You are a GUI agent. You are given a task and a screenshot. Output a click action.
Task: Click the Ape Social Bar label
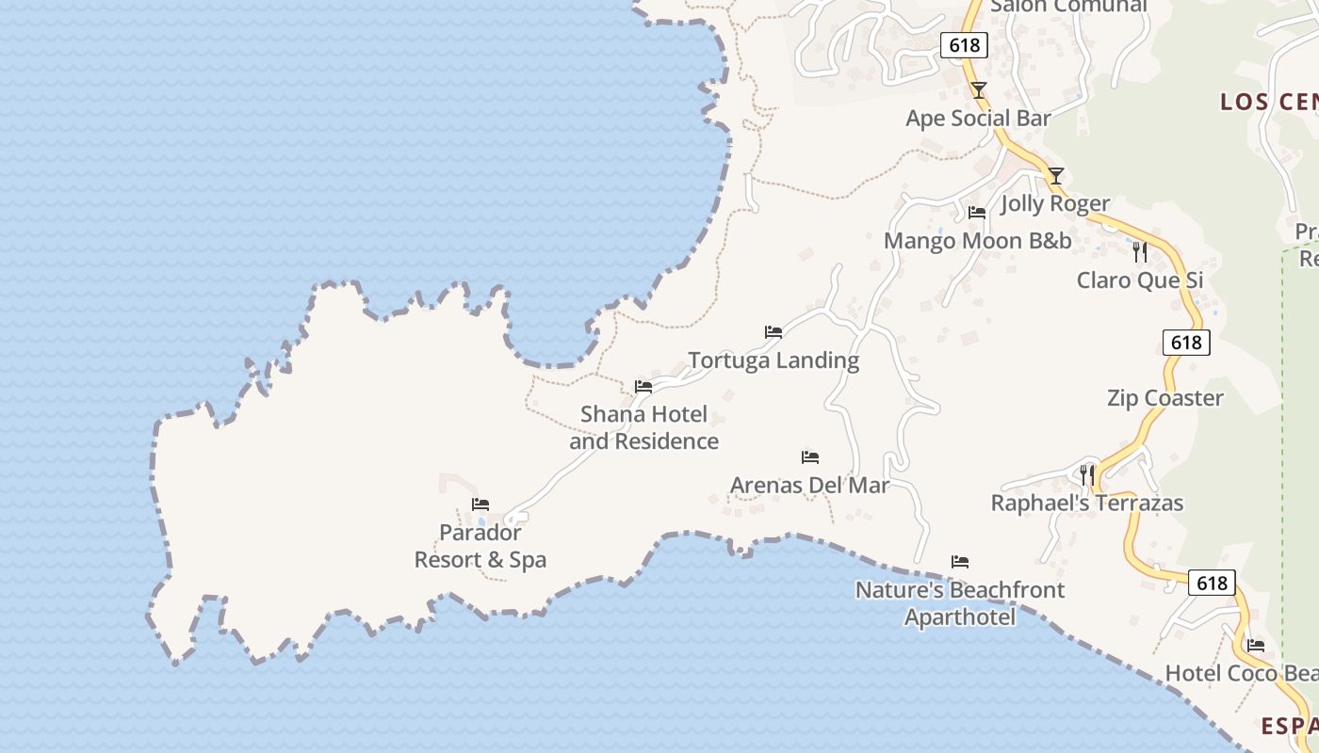pyautogui.click(x=978, y=119)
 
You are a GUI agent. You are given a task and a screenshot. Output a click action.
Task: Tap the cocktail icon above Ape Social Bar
pyautogui.click(x=979, y=90)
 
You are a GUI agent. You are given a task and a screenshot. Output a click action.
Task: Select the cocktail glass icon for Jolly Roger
pyautogui.click(x=1056, y=176)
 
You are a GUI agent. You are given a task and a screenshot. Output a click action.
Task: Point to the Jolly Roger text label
pyautogui.click(x=1055, y=203)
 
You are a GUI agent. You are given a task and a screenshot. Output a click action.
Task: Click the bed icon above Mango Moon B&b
pyautogui.click(x=977, y=213)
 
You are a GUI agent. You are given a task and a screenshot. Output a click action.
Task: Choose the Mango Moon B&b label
pyautogui.click(x=977, y=241)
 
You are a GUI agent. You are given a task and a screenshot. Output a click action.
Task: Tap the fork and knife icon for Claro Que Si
pyautogui.click(x=1140, y=252)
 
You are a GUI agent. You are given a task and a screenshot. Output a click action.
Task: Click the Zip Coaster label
pyautogui.click(x=1164, y=398)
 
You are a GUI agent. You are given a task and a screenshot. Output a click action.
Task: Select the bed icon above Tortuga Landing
pyautogui.click(x=773, y=332)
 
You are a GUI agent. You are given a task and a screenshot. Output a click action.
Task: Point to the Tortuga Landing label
pyautogui.click(x=773, y=360)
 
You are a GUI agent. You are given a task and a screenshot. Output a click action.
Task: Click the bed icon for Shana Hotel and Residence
pyautogui.click(x=643, y=386)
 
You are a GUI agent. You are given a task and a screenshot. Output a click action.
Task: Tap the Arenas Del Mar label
pyautogui.click(x=810, y=486)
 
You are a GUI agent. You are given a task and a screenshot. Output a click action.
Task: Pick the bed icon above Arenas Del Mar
pyautogui.click(x=810, y=457)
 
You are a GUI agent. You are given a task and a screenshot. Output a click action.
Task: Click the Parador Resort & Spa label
pyautogui.click(x=480, y=546)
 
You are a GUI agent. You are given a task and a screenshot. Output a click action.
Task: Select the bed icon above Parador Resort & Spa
pyautogui.click(x=480, y=505)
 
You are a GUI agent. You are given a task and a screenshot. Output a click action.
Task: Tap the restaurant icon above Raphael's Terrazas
pyautogui.click(x=1087, y=474)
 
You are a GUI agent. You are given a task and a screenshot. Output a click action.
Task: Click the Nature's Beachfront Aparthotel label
pyautogui.click(x=960, y=603)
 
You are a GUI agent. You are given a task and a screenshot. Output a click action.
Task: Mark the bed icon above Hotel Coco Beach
pyautogui.click(x=1256, y=646)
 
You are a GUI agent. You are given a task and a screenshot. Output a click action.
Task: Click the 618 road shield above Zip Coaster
pyautogui.click(x=1186, y=343)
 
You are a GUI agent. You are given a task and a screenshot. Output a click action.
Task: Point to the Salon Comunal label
pyautogui.click(x=1068, y=7)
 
